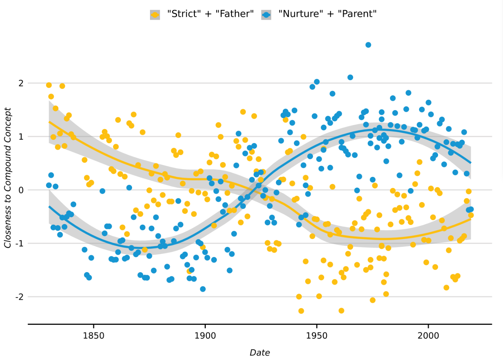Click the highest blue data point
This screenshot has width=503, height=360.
tap(368, 45)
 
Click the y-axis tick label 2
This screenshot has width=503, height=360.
tap(21, 83)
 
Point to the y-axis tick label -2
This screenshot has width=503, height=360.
tap(19, 297)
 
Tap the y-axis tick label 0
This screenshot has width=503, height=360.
tap(21, 190)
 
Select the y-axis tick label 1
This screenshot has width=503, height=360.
tap(21, 137)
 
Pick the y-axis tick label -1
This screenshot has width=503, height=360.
tap(19, 244)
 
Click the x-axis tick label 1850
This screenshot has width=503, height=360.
tap(93, 336)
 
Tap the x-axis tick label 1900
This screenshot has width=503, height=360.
tap(205, 336)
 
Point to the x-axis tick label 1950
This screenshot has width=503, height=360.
tap(317, 336)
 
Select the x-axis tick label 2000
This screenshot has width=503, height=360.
tap(428, 336)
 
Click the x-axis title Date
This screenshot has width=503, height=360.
tap(260, 353)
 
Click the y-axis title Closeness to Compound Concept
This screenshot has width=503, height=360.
tap(8, 178)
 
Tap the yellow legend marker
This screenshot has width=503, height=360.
tap(155, 15)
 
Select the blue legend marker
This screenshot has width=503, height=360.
tap(266, 15)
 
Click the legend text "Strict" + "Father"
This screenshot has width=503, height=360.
tap(210, 14)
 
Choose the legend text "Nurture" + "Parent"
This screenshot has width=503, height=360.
tap(327, 14)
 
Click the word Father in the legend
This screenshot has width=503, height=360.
tap(235, 14)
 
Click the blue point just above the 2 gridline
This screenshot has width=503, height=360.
tap(316, 82)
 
